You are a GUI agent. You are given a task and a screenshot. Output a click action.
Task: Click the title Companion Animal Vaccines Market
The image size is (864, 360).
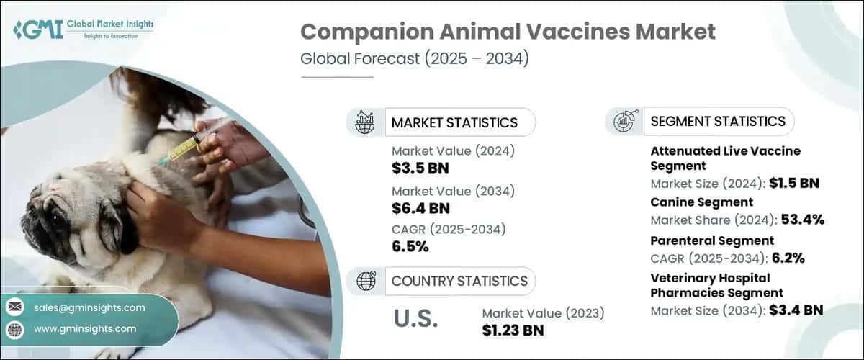(x=508, y=32)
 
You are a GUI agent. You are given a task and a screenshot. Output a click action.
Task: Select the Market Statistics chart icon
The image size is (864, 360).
(x=365, y=122)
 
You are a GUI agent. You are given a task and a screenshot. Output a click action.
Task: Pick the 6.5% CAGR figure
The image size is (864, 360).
(x=410, y=248)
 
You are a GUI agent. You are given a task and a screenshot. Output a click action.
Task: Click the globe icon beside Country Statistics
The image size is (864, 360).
(x=365, y=281)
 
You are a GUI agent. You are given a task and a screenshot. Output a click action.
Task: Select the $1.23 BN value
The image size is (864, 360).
(x=513, y=330)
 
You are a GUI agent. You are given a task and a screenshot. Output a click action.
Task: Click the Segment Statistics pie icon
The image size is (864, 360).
(x=624, y=122)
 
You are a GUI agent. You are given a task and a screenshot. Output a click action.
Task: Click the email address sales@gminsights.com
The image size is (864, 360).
(x=89, y=307)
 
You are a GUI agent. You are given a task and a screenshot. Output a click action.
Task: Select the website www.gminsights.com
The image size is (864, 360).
(x=85, y=328)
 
